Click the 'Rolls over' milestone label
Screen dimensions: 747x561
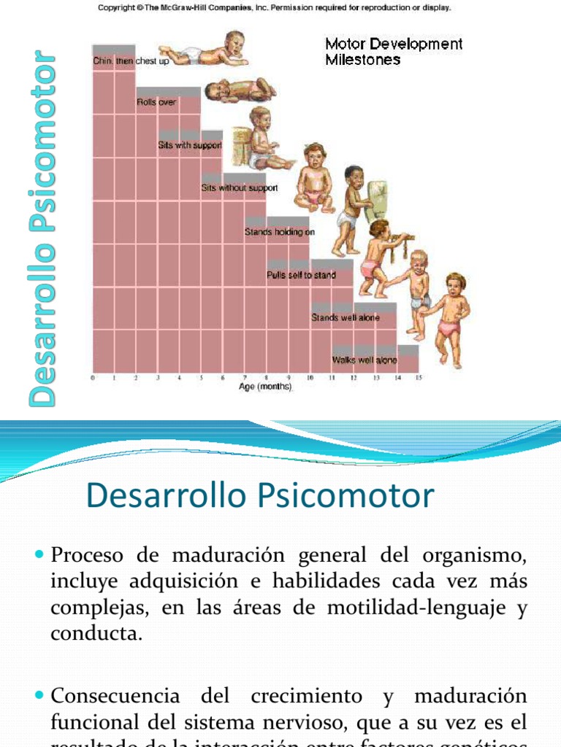click(x=156, y=102)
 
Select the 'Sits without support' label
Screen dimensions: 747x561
click(x=239, y=188)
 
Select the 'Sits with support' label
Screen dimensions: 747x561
click(x=190, y=145)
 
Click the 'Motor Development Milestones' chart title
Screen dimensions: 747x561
click(x=393, y=51)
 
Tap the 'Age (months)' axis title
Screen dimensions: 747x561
click(x=265, y=387)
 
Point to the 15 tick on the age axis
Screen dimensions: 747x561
click(x=419, y=378)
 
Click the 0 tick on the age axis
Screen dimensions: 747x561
click(x=93, y=378)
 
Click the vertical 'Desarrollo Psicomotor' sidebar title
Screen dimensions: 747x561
click(x=42, y=228)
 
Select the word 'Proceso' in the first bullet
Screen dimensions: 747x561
click(x=88, y=556)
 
